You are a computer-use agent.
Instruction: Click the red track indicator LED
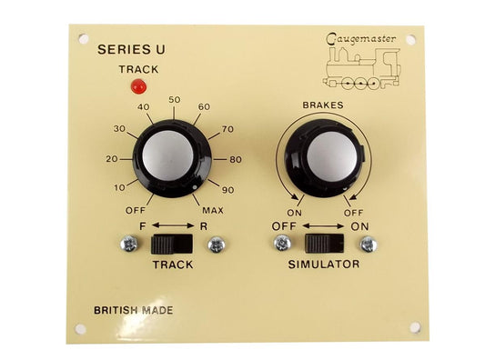(138, 87)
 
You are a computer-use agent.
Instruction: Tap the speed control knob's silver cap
(167, 158)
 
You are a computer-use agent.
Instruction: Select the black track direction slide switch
(171, 244)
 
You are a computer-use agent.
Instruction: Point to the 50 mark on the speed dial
(175, 100)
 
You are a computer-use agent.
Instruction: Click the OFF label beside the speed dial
(135, 210)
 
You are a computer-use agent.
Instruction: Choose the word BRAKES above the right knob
(323, 106)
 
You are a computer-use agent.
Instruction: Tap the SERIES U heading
(130, 50)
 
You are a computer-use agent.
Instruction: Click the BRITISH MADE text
(133, 310)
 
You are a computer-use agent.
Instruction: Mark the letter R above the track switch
(206, 223)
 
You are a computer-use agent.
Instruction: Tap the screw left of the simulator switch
(282, 244)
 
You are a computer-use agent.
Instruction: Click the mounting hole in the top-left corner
(85, 41)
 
